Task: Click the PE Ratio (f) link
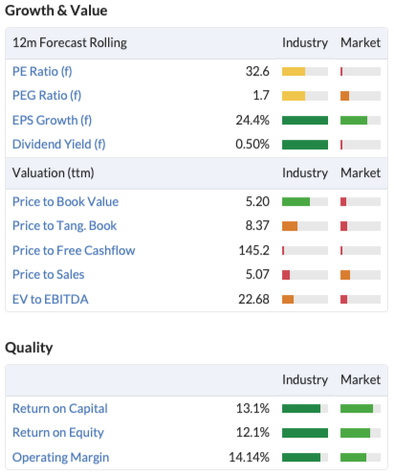click(x=42, y=71)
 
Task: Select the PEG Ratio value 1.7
click(x=261, y=96)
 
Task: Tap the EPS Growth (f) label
click(x=52, y=121)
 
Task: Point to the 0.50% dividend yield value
click(x=252, y=145)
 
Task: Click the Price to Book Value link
click(x=65, y=202)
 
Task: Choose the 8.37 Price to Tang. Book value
click(x=257, y=226)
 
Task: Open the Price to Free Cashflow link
click(x=74, y=251)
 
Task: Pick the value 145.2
click(x=254, y=251)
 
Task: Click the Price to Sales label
click(x=49, y=275)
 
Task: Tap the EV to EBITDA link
click(x=51, y=300)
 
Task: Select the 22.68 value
click(x=253, y=300)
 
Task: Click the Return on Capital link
click(x=60, y=409)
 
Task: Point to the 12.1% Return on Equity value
click(x=252, y=433)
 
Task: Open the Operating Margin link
click(x=60, y=458)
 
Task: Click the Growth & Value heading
click(x=56, y=11)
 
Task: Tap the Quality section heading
click(x=29, y=348)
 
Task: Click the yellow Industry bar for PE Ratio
click(x=294, y=71)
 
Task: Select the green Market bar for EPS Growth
click(x=354, y=121)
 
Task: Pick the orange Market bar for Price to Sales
click(x=345, y=275)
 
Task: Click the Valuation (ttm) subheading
click(x=53, y=173)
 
